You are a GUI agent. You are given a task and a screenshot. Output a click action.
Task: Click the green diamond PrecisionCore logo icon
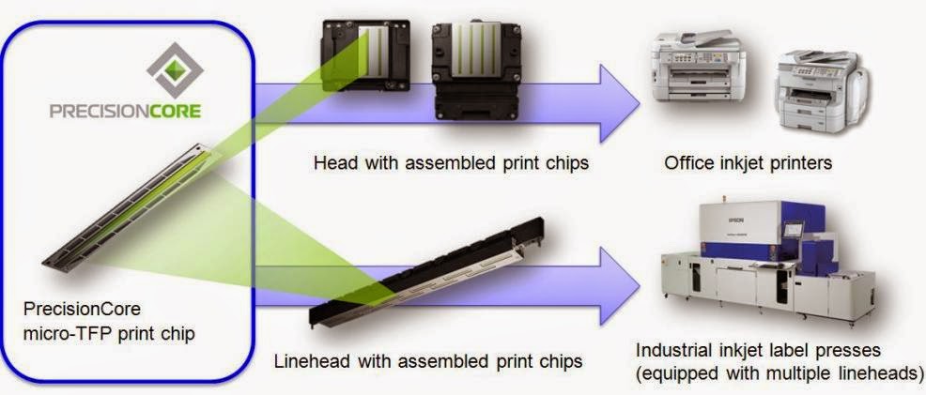[175, 70]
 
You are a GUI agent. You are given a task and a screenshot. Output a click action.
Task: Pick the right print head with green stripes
[475, 69]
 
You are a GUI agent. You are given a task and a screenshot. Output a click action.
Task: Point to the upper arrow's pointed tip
[640, 104]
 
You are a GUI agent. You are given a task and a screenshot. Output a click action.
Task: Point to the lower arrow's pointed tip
[640, 286]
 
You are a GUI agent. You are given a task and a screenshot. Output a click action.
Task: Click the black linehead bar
[426, 272]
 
